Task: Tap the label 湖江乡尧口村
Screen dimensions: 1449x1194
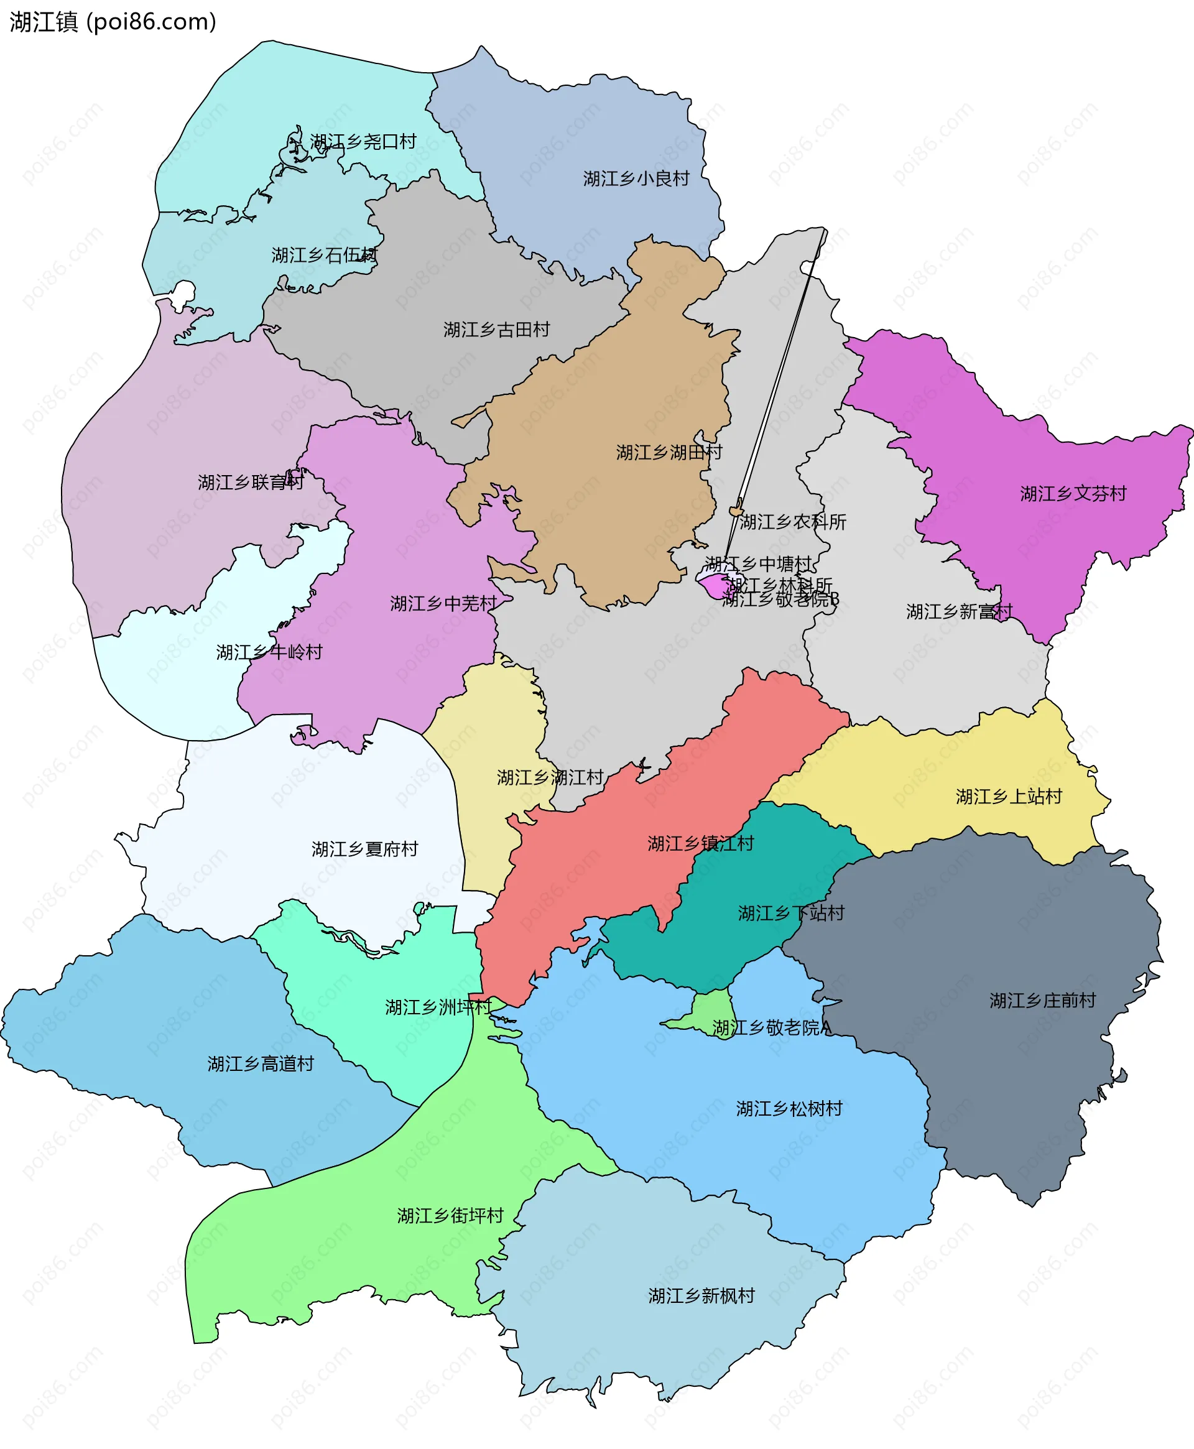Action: [x=363, y=142]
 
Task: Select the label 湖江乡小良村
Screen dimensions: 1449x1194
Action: [x=636, y=179]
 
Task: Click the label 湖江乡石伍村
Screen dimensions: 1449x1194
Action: [x=325, y=255]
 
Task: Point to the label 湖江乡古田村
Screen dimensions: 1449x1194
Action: [x=497, y=330]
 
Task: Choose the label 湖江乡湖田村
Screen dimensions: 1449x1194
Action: [x=669, y=453]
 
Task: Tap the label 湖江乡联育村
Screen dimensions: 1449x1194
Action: [x=251, y=482]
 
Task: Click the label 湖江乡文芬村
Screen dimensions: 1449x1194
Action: [x=1073, y=494]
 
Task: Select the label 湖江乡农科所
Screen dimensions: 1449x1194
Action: [x=793, y=522]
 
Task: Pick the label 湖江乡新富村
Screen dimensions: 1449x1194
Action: [x=960, y=611]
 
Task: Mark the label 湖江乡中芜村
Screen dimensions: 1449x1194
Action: [x=443, y=603]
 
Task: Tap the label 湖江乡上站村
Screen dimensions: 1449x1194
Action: [x=1009, y=797]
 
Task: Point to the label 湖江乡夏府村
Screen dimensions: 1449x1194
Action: [x=364, y=849]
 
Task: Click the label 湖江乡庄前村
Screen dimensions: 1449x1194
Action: [x=1043, y=1001]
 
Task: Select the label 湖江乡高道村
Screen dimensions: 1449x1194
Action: [x=261, y=1064]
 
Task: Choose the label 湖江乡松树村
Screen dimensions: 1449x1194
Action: [x=790, y=1109]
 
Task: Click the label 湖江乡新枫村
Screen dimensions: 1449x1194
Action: [x=701, y=1295]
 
